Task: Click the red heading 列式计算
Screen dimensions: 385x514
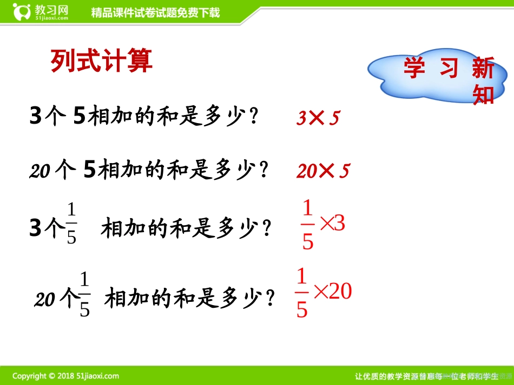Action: click(101, 61)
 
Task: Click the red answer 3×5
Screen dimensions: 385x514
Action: click(318, 118)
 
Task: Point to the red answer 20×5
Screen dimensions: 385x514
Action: click(323, 172)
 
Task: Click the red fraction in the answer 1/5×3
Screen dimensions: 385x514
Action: click(308, 225)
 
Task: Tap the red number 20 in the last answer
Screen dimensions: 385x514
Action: click(341, 292)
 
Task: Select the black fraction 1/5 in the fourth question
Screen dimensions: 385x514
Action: click(85, 295)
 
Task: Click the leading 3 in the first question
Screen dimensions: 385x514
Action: click(36, 116)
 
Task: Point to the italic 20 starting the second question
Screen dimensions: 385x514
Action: click(40, 172)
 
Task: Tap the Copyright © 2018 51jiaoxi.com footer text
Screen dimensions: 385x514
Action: click(66, 376)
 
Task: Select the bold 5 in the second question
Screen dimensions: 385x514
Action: click(90, 171)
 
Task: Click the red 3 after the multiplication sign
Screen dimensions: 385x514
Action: click(339, 223)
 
